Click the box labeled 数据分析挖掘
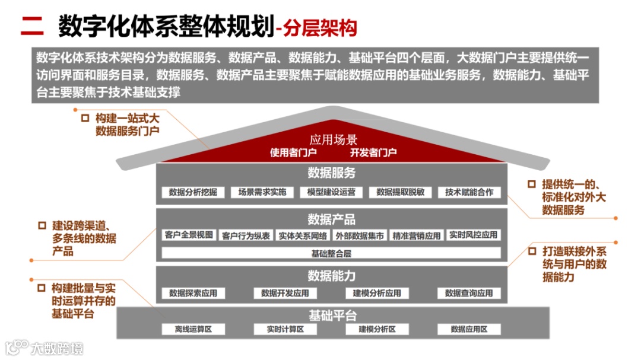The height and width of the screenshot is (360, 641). coord(193,192)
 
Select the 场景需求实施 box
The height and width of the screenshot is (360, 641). coord(262,192)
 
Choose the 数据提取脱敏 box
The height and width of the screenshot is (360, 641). coord(400,192)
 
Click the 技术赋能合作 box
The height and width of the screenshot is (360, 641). coord(469,192)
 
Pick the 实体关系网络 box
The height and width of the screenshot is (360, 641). coord(303,235)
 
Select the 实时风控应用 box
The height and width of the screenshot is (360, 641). coord(473,235)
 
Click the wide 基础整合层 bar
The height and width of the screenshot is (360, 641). coord(331,253)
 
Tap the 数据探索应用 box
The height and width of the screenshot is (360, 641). coord(193,293)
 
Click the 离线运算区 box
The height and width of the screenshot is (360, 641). coord(193,329)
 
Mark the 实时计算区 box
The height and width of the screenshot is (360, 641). coord(285,329)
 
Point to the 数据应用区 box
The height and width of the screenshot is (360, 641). coord(469,329)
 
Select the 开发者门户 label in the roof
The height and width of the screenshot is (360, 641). coord(373,152)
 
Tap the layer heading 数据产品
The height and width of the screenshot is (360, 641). coord(331,219)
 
